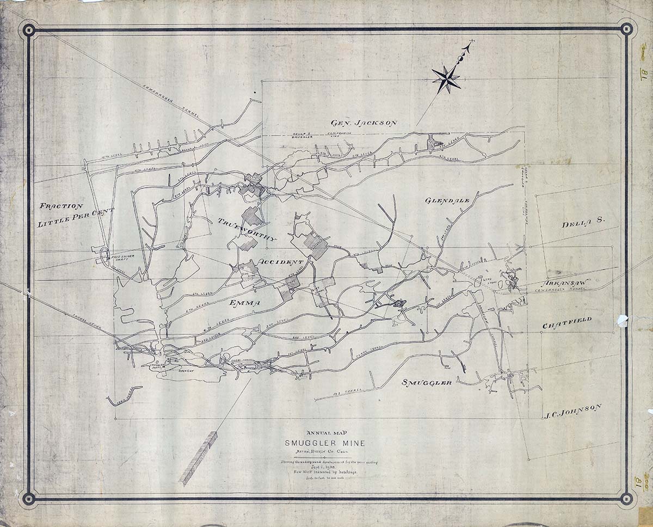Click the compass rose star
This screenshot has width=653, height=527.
tap(446, 79)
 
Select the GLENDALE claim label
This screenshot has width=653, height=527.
tap(447, 200)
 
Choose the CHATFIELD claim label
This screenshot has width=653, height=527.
tap(566, 323)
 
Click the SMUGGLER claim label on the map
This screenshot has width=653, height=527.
tap(427, 383)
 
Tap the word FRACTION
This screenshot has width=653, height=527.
tap(61, 206)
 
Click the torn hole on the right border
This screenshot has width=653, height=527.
tap(621, 321)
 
